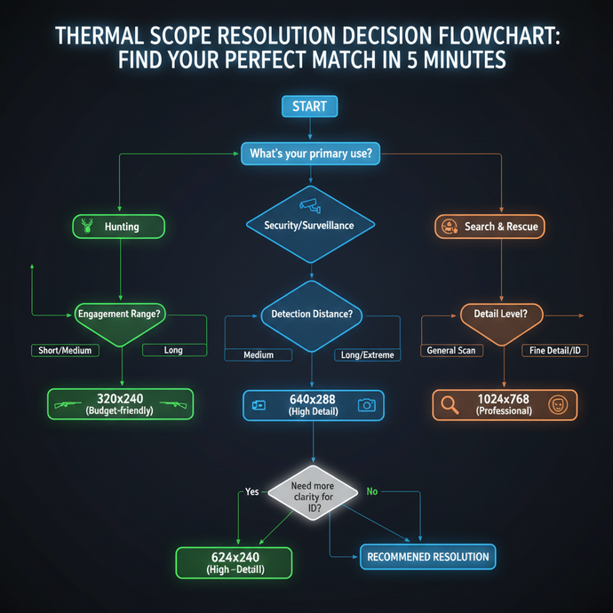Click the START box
click(309, 107)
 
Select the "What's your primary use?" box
click(310, 154)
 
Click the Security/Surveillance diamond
click(309, 224)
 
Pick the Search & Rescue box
click(490, 227)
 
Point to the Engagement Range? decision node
click(119, 314)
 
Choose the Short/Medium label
click(65, 350)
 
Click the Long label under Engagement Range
click(173, 350)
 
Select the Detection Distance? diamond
click(310, 314)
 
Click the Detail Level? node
click(501, 314)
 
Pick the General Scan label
click(450, 350)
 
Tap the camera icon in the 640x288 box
click(365, 405)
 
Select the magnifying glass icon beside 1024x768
click(450, 405)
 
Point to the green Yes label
click(252, 491)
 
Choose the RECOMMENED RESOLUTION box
click(427, 557)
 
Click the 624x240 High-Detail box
click(235, 562)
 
